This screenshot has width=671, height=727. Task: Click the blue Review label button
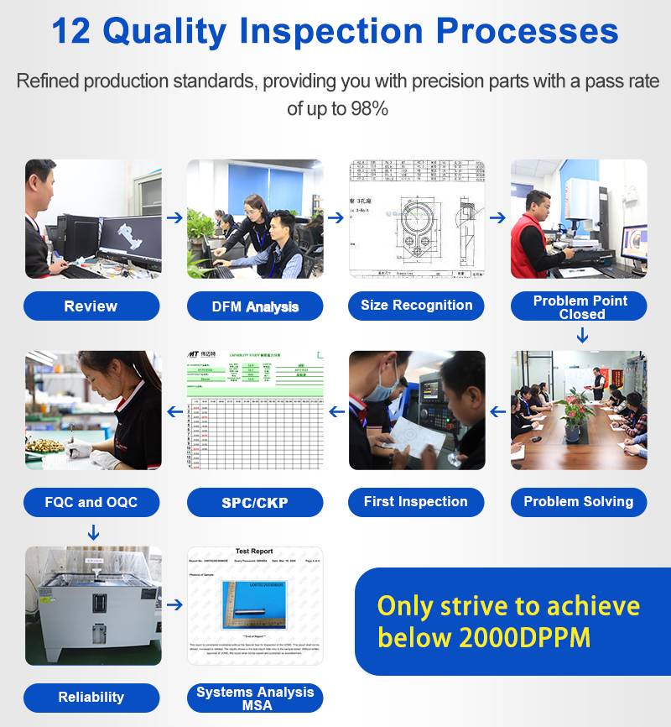pos(91,306)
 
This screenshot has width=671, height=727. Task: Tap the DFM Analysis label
pos(255,306)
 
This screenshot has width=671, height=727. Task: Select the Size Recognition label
pos(416,306)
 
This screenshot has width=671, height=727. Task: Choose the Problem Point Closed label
pos(580,306)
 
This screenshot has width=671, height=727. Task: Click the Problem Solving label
pos(579,502)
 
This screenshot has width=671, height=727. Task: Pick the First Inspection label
pos(416,502)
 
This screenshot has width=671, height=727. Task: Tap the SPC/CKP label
pos(255,503)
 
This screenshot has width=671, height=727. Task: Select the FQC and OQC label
pos(91,503)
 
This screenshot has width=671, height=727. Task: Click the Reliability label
pos(91,697)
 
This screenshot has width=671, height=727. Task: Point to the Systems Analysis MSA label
pos(255,698)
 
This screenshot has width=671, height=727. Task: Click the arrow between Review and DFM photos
pos(174,217)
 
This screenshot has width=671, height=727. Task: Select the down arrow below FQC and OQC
pos(93,532)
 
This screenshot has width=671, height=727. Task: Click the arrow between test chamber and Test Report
pos(174,604)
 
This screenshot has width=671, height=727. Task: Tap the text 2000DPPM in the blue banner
pos(524,637)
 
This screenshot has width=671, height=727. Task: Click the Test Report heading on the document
pos(253,552)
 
